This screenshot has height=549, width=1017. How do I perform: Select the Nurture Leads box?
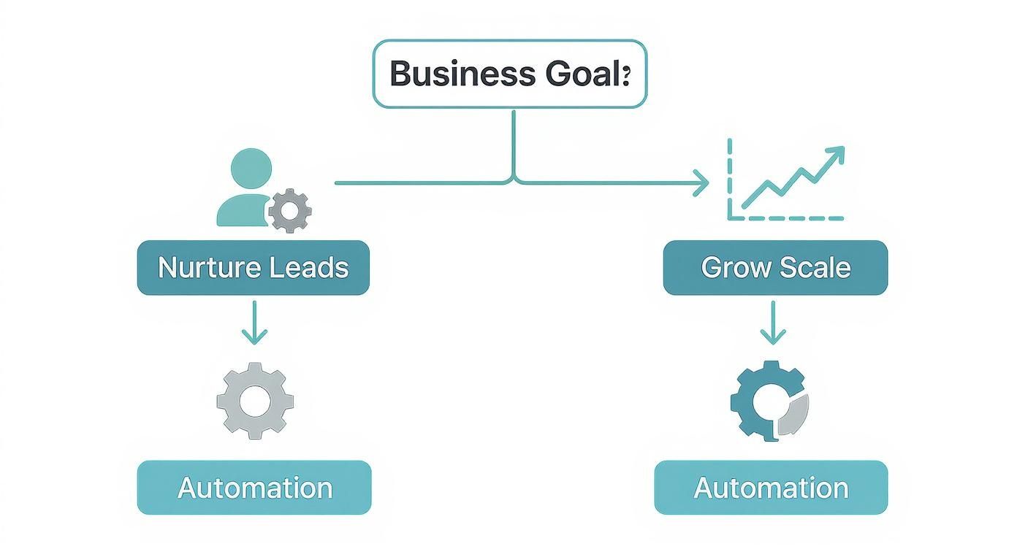(253, 268)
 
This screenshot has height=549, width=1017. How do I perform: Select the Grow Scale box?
(775, 268)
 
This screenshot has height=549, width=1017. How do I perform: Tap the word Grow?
(733, 268)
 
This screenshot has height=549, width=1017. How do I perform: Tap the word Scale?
(814, 268)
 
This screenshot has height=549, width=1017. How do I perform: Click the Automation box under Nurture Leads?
(254, 487)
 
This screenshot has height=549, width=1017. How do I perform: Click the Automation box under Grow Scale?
(771, 487)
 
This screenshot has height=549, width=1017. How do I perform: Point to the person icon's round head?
(251, 169)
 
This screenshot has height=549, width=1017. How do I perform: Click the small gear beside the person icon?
(290, 211)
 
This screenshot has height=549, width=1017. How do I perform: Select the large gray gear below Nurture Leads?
(255, 401)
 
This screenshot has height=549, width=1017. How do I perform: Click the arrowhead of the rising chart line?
(835, 154)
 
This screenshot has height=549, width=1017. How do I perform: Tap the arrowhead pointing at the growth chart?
(701, 183)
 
